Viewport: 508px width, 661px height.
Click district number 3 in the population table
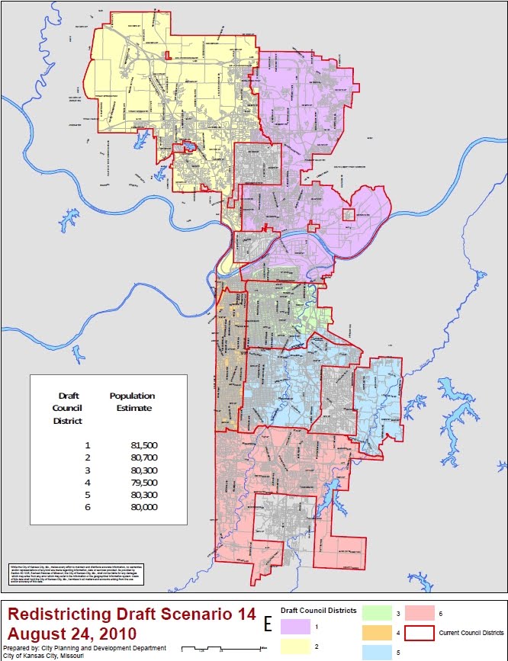(x=88, y=470)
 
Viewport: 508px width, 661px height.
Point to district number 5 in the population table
(x=88, y=494)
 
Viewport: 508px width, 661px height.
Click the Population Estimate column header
(x=132, y=402)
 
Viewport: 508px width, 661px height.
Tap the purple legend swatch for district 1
(x=296, y=627)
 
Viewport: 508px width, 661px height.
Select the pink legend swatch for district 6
(x=419, y=612)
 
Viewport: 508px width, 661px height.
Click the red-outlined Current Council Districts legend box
(x=419, y=633)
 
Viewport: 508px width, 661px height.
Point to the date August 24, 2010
(x=72, y=634)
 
